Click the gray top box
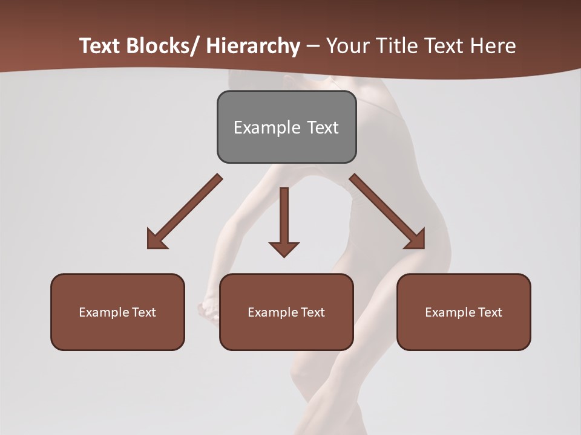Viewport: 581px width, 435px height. tap(286, 127)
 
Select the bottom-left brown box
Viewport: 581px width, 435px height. tap(117, 312)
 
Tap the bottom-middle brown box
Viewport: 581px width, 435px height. tap(286, 312)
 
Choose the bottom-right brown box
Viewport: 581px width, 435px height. tap(464, 312)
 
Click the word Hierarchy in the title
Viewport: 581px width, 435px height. tap(253, 46)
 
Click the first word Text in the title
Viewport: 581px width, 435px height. tap(100, 46)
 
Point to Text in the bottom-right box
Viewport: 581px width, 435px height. tap(489, 312)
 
